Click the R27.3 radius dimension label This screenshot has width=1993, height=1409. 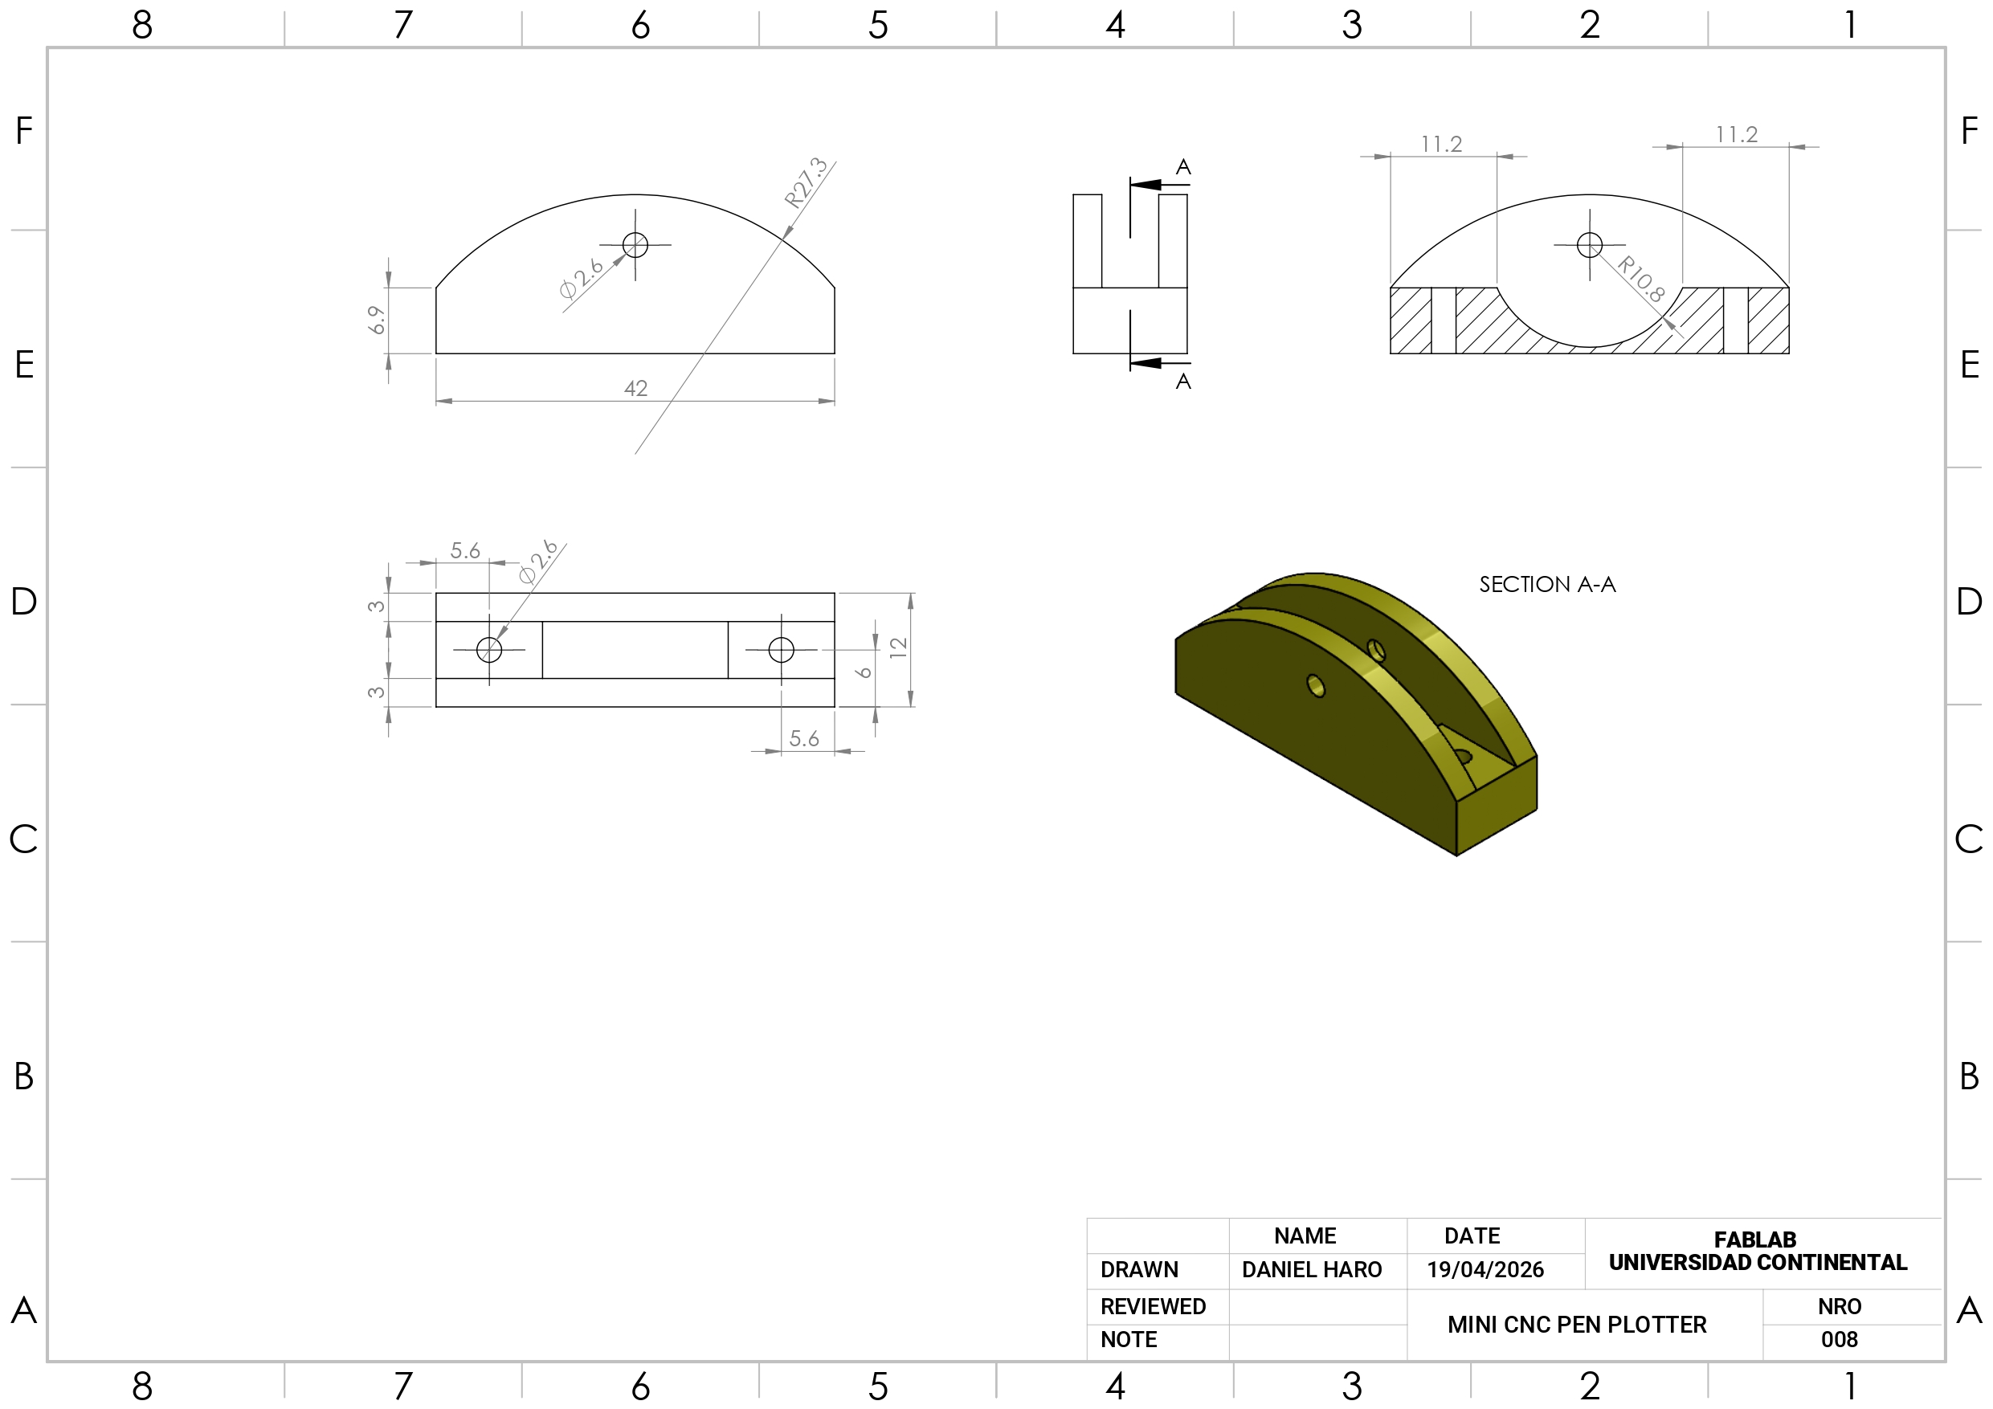tap(806, 182)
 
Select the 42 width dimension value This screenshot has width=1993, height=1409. tap(635, 388)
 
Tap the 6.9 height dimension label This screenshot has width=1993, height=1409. tap(376, 320)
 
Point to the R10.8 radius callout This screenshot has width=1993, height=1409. tap(1640, 279)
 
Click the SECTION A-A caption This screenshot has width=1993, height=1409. tap(1547, 584)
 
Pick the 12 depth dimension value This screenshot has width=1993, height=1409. tap(898, 647)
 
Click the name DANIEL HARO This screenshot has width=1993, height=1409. tap(1312, 1269)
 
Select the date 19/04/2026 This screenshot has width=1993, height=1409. tap(1485, 1269)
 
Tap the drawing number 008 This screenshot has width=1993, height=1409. tap(1840, 1340)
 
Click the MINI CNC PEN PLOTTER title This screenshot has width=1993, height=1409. tap(1576, 1325)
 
